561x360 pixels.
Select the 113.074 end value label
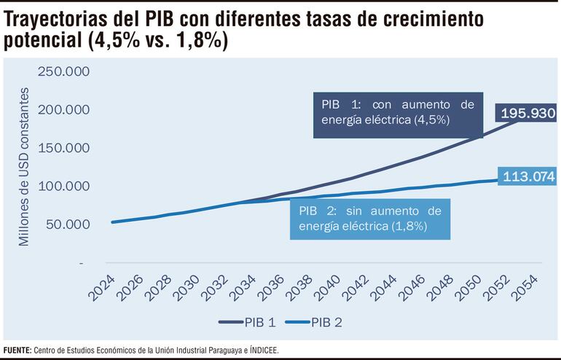point(528,176)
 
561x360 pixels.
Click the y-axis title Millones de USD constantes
point(25,166)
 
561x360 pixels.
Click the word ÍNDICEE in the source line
point(262,351)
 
